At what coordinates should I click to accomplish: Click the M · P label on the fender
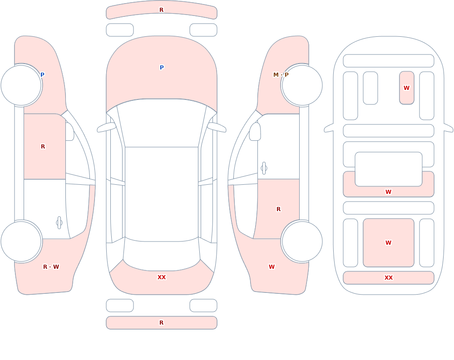coord(281,75)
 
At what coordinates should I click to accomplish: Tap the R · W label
coord(51,267)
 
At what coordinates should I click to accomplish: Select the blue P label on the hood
coord(162,68)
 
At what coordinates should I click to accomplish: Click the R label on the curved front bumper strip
coord(162,10)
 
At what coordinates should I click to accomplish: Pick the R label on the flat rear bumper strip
coord(162,323)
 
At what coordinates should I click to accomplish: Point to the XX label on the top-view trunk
coord(162,277)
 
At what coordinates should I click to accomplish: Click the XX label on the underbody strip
coord(389,278)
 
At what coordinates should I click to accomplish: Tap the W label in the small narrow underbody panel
coord(406,88)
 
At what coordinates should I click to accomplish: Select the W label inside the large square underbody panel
coord(389,243)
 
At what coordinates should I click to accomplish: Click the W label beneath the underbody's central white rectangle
coord(389,192)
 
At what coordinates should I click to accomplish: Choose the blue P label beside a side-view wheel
coord(42,75)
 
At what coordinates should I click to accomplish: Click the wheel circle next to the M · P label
coord(302,85)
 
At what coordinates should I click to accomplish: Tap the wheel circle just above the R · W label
coord(21,241)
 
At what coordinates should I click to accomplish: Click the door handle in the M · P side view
coord(264,168)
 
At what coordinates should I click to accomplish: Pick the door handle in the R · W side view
coord(59,223)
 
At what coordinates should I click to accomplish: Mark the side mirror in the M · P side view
coord(255,132)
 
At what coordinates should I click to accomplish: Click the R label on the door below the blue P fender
coord(43,147)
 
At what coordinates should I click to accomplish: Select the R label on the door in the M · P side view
coord(279,209)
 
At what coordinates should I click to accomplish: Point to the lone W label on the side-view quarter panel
coord(271,267)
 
